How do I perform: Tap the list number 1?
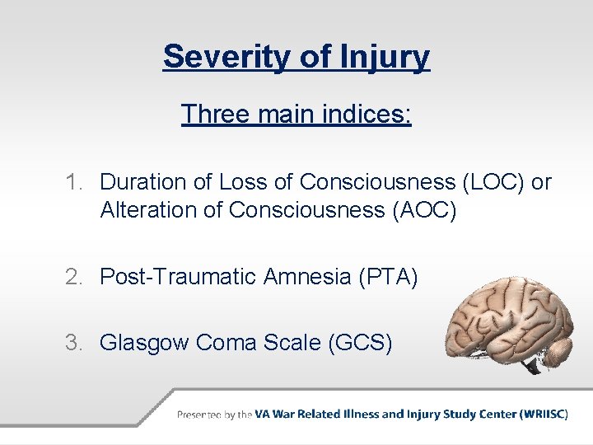coord(75,182)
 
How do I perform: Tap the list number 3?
coord(75,341)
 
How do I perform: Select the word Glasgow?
coord(145,341)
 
